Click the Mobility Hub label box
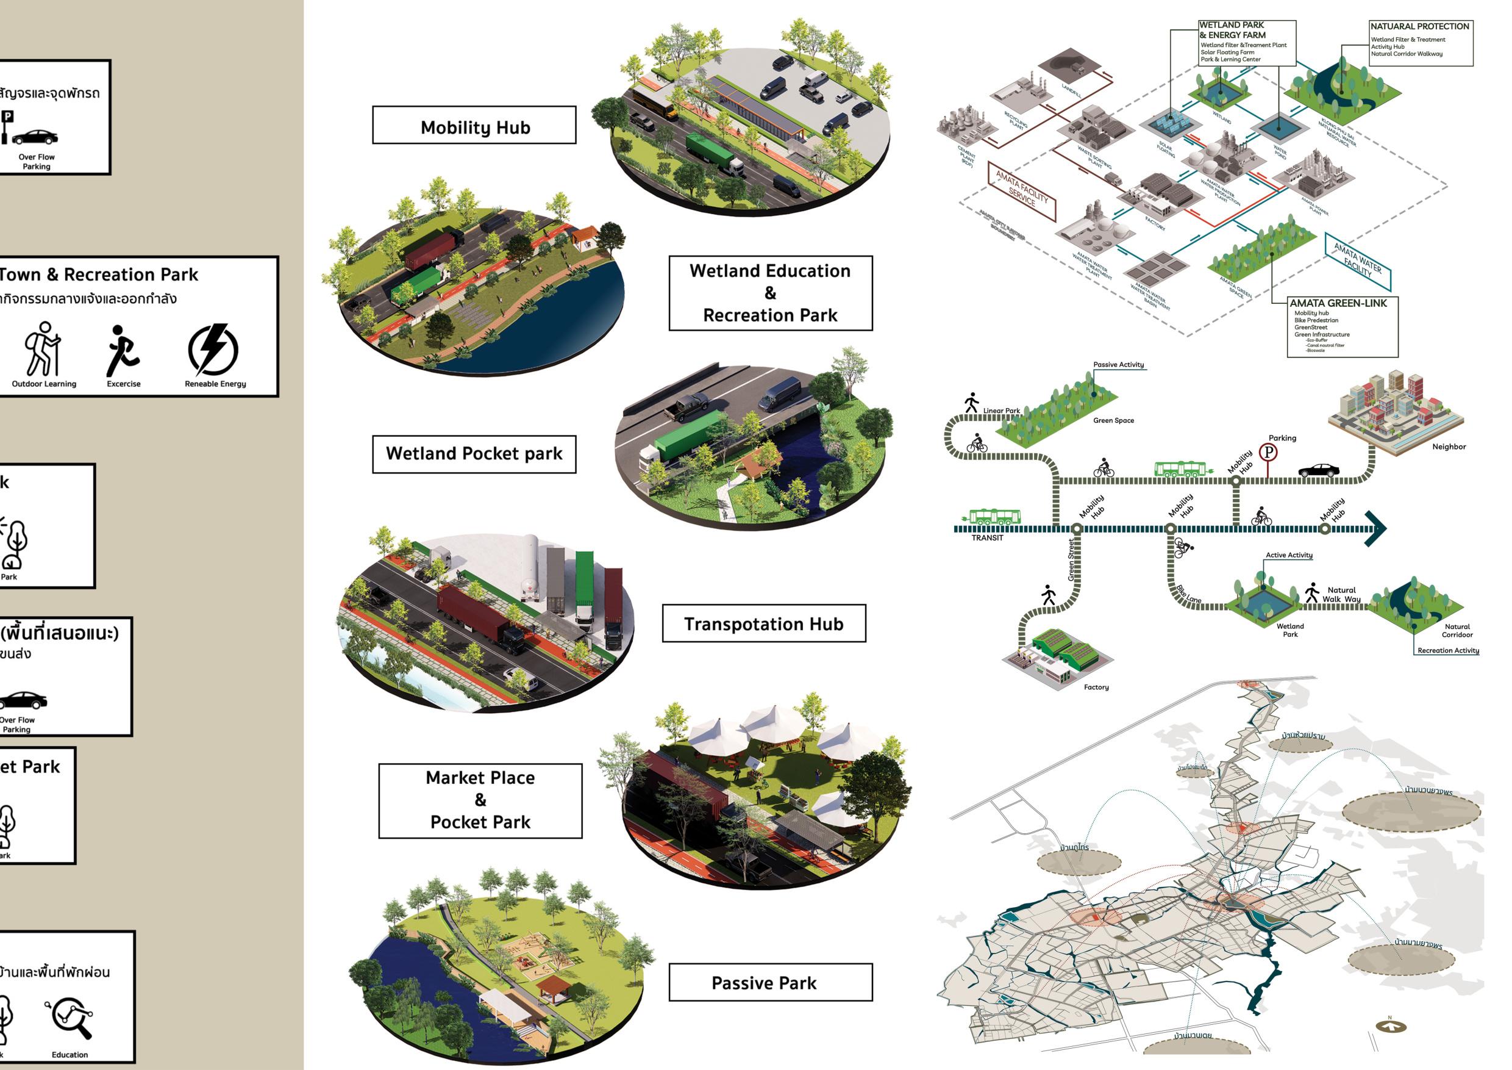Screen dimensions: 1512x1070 click(474, 125)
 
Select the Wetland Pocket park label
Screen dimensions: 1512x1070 click(474, 454)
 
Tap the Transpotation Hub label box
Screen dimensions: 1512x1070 click(763, 623)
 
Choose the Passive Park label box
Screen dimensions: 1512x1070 click(771, 982)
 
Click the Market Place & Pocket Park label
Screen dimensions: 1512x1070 click(480, 800)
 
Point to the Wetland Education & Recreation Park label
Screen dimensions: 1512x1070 click(771, 293)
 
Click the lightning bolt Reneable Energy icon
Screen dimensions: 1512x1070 click(213, 349)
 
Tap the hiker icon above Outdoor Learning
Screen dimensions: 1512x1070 click(43, 349)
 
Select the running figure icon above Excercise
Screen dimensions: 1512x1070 click(123, 351)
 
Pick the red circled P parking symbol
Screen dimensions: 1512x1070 click(1268, 453)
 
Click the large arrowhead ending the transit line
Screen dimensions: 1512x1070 click(1376, 528)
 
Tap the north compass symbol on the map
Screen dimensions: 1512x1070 click(1391, 1026)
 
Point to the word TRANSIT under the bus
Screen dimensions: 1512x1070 click(987, 538)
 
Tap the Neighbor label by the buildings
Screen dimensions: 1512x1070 click(1449, 447)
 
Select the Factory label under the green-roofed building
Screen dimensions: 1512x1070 click(1096, 687)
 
